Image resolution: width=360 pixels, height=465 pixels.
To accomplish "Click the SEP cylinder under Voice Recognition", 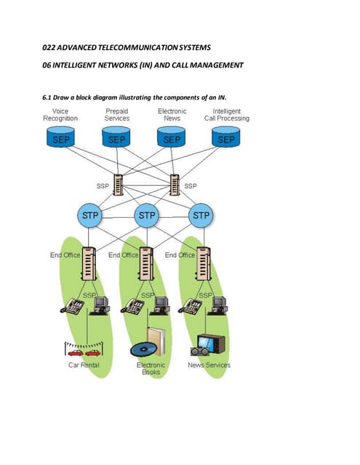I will point(61,138).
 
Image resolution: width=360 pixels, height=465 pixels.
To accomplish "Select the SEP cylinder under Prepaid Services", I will point(116,138).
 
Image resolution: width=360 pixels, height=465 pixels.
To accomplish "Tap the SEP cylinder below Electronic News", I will point(172,138).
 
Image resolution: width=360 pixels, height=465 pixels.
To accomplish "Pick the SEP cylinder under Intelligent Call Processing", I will point(227,138).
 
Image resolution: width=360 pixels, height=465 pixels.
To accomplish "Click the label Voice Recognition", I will point(61,115).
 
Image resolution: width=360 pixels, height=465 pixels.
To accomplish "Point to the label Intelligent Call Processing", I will point(226,115).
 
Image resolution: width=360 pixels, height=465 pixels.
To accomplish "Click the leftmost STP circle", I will point(91,216).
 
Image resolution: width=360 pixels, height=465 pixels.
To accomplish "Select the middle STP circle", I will point(146,216).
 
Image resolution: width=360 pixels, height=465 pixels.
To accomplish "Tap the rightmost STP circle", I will point(201,216).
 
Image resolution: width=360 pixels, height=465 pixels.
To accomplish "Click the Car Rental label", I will point(84,365).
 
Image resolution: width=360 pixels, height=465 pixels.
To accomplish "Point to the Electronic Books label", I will point(151,368).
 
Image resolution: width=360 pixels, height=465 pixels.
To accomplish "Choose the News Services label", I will point(209,365).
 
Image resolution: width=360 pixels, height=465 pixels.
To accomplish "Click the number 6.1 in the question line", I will point(50,97).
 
